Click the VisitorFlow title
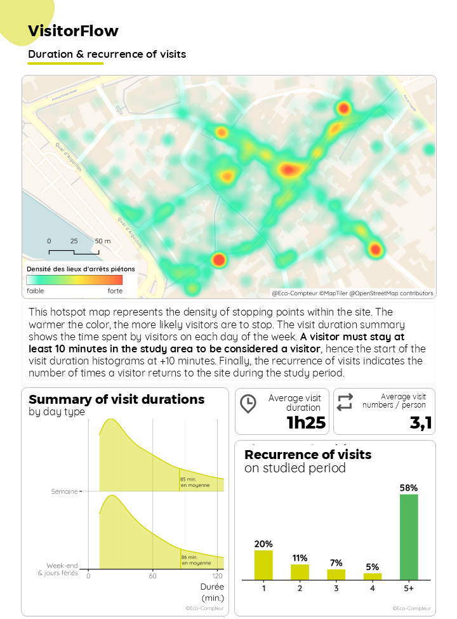[x=73, y=31]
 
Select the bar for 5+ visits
[x=409, y=536]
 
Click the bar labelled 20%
[x=263, y=564]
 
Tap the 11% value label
[x=300, y=558]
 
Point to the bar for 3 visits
[x=336, y=574]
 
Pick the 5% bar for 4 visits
[x=373, y=576]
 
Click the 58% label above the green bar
[x=409, y=488]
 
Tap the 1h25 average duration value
[x=306, y=423]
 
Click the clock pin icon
[x=248, y=403]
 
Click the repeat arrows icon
[x=345, y=402]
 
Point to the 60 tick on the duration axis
[x=152, y=576]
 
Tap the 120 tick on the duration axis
[x=218, y=576]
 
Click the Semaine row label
[x=65, y=491]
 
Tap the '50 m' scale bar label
[x=103, y=241]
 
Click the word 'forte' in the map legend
[x=115, y=291]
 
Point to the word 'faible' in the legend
[x=36, y=291]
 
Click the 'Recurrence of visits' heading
[x=308, y=455]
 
